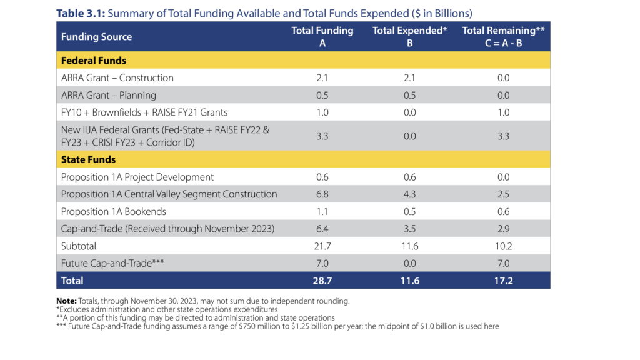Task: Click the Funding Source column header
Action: coord(96,37)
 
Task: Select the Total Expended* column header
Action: coord(409,31)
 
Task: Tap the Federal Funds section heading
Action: coord(94,61)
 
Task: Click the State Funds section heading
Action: coord(87,159)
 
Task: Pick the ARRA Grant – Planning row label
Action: coord(109,95)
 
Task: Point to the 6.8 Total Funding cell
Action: coord(322,194)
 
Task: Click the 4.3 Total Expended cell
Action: coord(409,194)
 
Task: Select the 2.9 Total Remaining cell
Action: coord(504,229)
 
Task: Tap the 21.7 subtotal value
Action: coord(322,246)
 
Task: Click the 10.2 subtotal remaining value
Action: coord(504,246)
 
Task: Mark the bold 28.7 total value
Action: coord(322,281)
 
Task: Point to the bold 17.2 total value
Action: coord(504,281)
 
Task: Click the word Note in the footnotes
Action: coord(67,301)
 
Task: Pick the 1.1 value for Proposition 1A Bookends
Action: coord(322,211)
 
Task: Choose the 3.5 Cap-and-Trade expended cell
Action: coord(409,229)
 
